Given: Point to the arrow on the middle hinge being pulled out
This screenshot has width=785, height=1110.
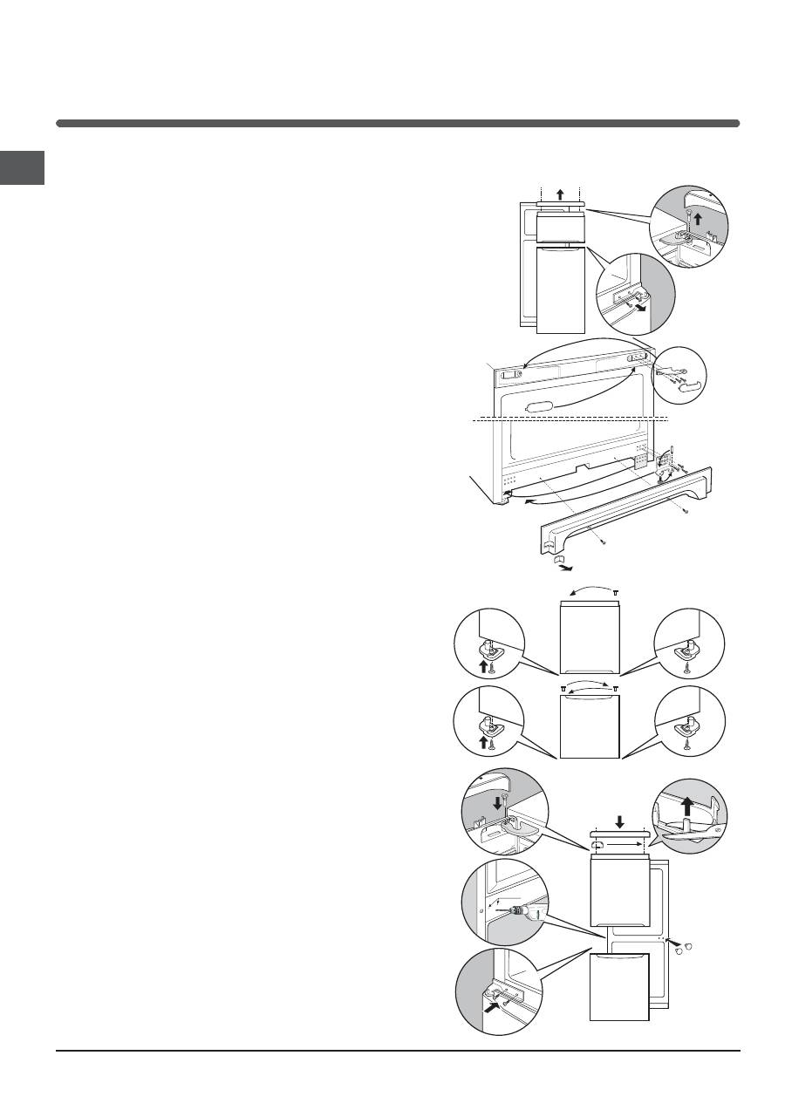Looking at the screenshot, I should [641, 307].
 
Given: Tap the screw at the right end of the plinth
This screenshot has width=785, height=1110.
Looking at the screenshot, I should [686, 510].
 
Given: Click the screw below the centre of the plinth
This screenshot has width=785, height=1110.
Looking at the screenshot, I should [602, 543].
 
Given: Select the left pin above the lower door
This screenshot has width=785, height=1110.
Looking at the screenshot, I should [563, 689].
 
